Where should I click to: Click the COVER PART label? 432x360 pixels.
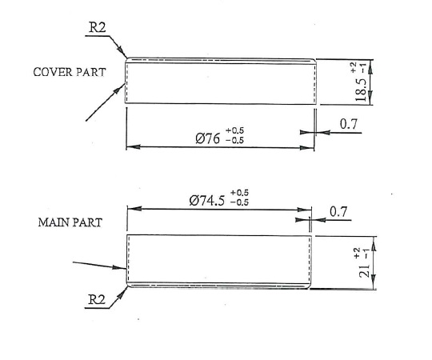pos(70,72)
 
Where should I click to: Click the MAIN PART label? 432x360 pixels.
pos(70,222)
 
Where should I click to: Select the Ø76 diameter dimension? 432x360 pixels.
pos(208,138)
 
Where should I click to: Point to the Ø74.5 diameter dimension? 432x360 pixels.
pos(207,200)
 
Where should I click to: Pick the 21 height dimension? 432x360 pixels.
pos(364,271)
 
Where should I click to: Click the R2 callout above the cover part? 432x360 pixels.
pos(97,27)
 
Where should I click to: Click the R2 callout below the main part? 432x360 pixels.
pos(97,299)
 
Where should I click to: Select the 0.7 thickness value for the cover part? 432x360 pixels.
pos(348,124)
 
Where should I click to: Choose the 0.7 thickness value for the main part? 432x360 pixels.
pos(338,211)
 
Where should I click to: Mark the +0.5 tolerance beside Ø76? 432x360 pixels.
pos(234,130)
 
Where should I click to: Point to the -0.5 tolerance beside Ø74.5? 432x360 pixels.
pos(239,202)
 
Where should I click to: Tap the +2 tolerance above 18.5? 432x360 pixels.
pos(354,67)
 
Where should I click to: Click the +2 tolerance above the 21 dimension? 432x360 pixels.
pos(357,253)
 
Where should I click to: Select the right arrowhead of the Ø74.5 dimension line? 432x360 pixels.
pos(305,210)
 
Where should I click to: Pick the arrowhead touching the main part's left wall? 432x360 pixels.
pos(119,267)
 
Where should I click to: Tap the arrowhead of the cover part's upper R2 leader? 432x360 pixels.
pos(122,52)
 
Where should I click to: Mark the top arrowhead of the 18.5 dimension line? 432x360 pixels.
pos(370,66)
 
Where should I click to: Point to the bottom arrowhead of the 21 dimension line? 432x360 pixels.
pos(374,282)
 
